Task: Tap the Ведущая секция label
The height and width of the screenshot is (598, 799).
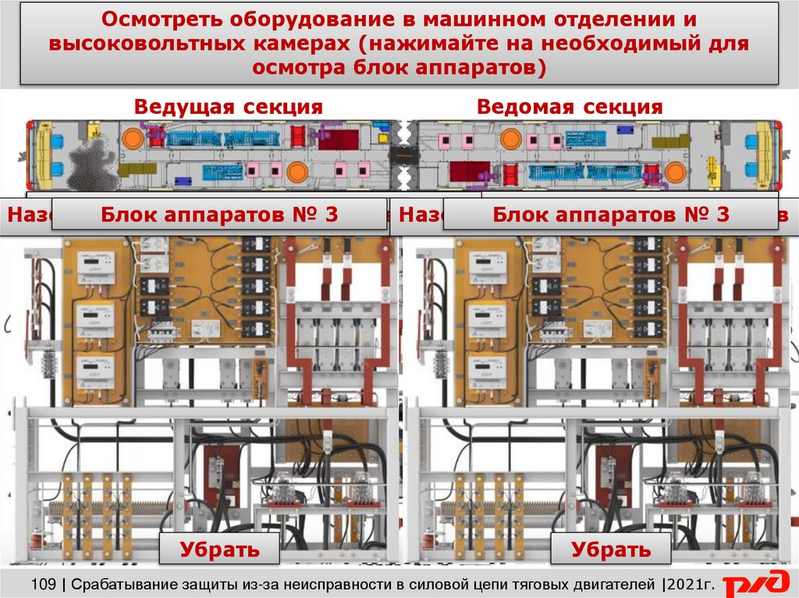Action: [x=228, y=107]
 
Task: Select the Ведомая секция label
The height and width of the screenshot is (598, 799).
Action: [x=570, y=107]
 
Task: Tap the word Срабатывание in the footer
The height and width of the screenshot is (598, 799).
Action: [x=131, y=583]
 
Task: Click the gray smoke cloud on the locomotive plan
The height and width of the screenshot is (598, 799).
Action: [x=92, y=161]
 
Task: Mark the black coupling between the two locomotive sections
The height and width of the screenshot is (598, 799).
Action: [x=404, y=155]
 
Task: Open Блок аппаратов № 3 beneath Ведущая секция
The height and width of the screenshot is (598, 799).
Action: [x=220, y=214]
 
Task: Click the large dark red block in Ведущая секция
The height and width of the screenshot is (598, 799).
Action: [x=338, y=140]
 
